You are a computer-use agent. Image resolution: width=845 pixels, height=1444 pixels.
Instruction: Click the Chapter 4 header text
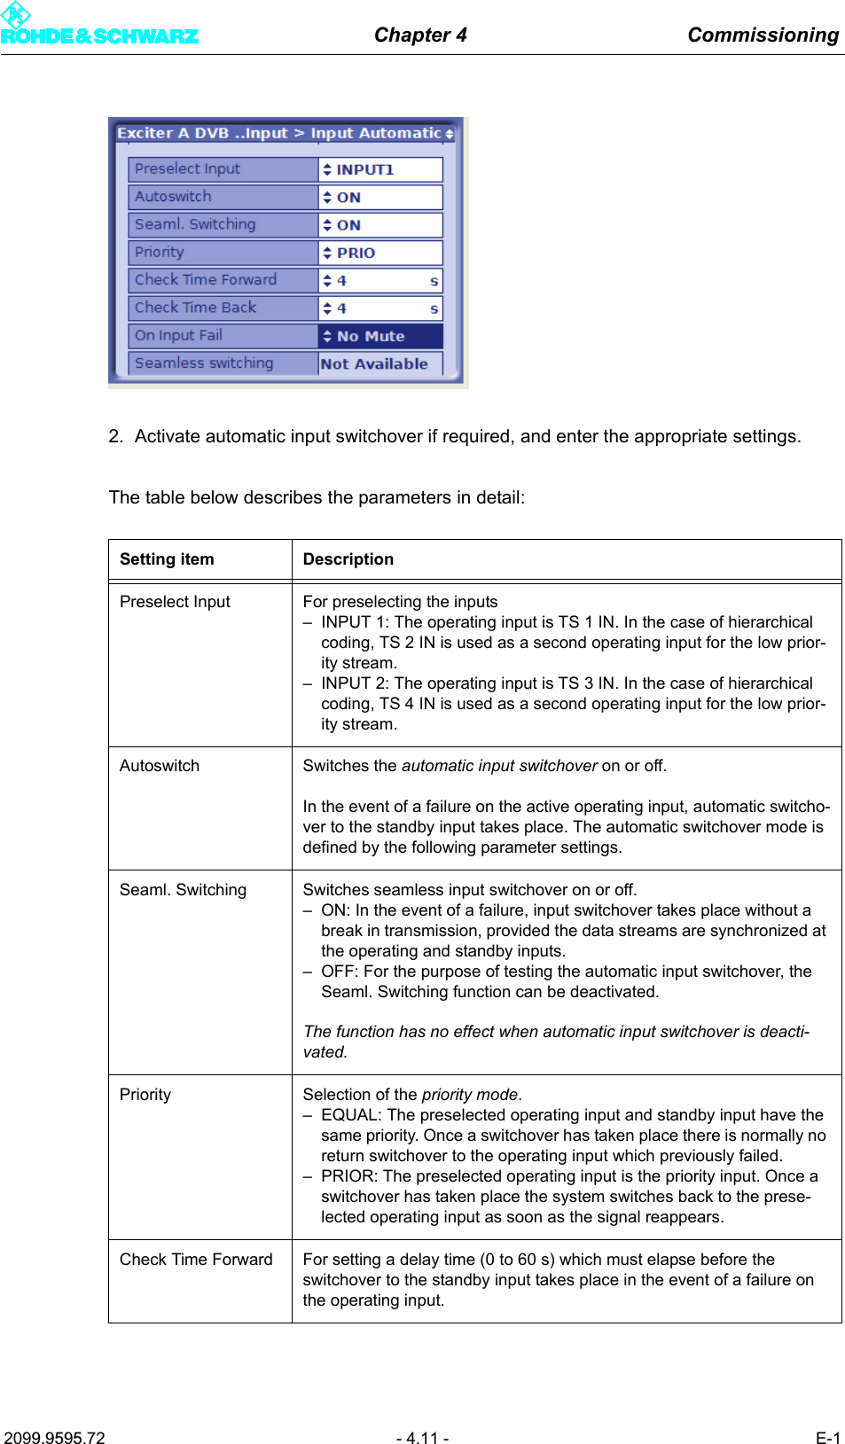[420, 35]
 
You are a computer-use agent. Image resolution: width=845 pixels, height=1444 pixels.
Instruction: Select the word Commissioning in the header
[763, 35]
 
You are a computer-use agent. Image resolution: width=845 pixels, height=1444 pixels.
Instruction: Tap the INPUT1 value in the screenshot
[364, 169]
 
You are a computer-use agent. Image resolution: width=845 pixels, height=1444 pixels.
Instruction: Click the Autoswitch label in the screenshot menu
[173, 196]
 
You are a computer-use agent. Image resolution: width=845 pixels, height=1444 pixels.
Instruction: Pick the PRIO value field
[356, 253]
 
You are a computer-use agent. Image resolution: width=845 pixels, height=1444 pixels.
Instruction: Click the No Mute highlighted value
[371, 336]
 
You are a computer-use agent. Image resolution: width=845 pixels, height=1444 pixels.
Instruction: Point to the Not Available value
[374, 363]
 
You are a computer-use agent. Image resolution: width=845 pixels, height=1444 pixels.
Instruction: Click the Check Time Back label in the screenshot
[195, 308]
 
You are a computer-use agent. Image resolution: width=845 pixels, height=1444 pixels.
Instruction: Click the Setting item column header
[167, 559]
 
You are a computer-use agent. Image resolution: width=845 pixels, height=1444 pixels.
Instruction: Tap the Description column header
[348, 559]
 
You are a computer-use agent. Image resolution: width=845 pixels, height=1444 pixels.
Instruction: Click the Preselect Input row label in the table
[175, 602]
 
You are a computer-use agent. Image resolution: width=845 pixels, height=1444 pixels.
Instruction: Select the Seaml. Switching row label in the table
[183, 890]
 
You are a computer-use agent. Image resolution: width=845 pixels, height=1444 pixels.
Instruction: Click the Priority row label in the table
[145, 1095]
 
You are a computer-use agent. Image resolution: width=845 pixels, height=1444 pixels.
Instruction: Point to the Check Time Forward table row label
[196, 1260]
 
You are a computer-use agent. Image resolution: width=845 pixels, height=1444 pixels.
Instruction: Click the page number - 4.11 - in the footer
[422, 1438]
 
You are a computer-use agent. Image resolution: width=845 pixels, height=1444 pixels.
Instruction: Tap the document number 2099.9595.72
[54, 1438]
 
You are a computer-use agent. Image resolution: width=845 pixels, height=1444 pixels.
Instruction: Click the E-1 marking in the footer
[827, 1438]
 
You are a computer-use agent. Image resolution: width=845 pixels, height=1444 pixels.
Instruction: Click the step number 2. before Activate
[115, 436]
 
